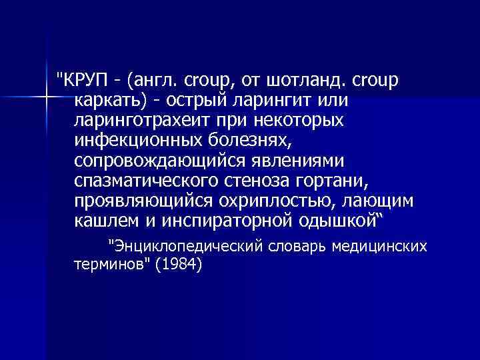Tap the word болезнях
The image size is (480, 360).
[x=247, y=141]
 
